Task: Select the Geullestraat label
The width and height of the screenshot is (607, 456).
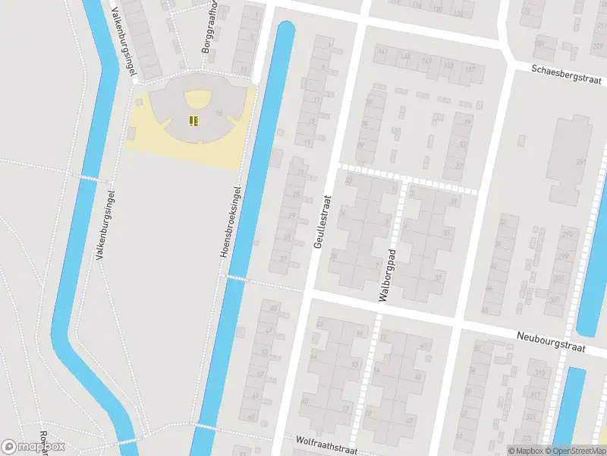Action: [x=323, y=220]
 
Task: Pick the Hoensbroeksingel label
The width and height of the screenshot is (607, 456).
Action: [x=231, y=220]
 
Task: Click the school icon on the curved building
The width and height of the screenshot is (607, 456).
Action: [x=193, y=119]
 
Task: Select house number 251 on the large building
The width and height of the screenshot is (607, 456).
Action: [x=581, y=161]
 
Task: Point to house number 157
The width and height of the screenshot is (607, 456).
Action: [x=470, y=69]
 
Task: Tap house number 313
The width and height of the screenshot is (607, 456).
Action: [x=540, y=372]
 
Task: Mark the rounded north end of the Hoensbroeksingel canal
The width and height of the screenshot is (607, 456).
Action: [x=285, y=29]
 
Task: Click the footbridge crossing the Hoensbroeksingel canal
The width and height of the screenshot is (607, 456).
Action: [x=236, y=278]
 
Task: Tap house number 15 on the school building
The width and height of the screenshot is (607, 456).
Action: [x=219, y=113]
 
